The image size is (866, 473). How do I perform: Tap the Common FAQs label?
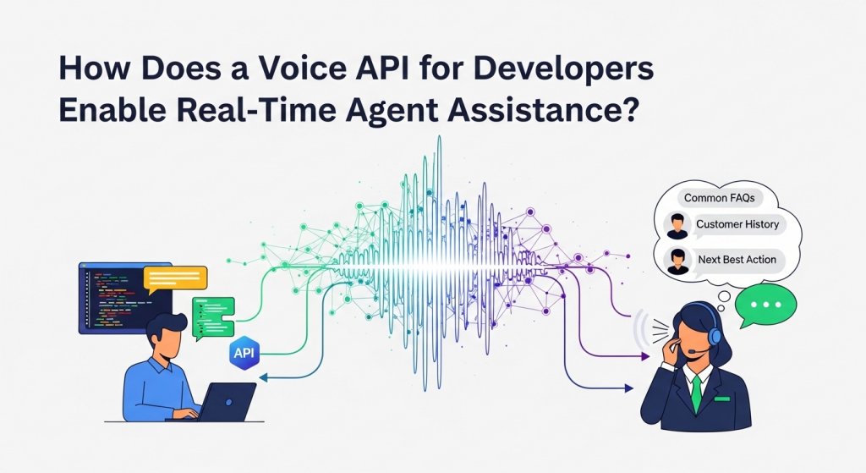pyautogui.click(x=719, y=198)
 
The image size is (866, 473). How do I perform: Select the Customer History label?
pyautogui.click(x=737, y=225)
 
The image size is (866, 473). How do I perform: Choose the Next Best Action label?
pyautogui.click(x=737, y=260)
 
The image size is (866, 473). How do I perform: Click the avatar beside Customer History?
pyautogui.click(x=676, y=226)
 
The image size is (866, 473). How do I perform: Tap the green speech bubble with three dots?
pyautogui.click(x=765, y=304)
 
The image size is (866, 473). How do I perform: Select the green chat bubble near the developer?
pyautogui.click(x=212, y=315)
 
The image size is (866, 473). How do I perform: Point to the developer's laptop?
pyautogui.click(x=227, y=401)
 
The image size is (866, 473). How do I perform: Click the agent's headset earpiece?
pyautogui.click(x=715, y=337)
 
